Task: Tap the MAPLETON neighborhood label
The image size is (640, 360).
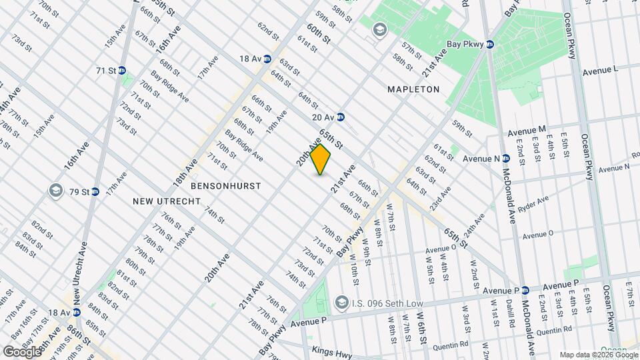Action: [413, 89]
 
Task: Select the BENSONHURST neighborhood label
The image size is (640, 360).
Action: [225, 185]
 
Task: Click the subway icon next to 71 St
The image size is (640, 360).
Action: [123, 71]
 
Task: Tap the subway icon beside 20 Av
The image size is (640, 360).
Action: [340, 117]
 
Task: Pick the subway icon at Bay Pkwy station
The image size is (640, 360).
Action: [490, 45]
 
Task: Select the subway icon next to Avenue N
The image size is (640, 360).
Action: [507, 159]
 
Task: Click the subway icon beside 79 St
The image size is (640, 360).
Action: [95, 192]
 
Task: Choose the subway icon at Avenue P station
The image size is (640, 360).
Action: [525, 291]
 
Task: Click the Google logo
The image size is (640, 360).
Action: [21, 351]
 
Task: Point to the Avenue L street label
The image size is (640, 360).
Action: [601, 69]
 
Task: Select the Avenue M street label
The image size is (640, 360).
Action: [527, 129]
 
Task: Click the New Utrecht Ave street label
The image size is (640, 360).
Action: [77, 273]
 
